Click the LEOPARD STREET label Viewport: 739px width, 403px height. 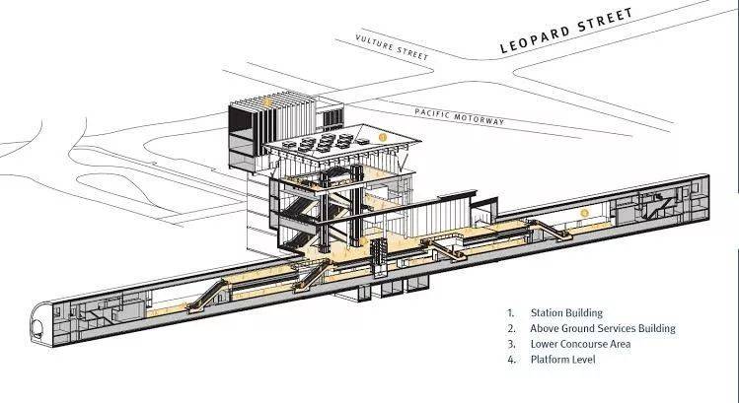(566, 30)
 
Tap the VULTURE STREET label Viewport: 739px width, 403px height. (392, 47)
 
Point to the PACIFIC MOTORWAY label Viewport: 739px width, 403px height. (459, 116)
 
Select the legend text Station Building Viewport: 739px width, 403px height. (566, 312)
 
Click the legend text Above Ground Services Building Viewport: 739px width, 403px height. (602, 328)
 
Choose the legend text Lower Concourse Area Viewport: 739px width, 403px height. (580, 344)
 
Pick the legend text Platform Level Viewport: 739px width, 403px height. (562, 360)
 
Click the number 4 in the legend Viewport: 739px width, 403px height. (512, 360)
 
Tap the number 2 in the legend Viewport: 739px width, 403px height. (512, 329)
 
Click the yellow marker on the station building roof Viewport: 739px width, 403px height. (383, 138)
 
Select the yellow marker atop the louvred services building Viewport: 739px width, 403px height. (266, 102)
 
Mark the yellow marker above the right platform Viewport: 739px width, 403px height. (584, 213)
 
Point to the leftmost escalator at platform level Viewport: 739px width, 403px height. (207, 297)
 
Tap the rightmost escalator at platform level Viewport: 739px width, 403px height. (550, 231)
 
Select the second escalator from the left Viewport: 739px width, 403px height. (312, 276)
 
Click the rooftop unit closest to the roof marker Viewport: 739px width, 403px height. (362, 141)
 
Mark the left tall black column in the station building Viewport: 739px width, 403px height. (326, 211)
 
